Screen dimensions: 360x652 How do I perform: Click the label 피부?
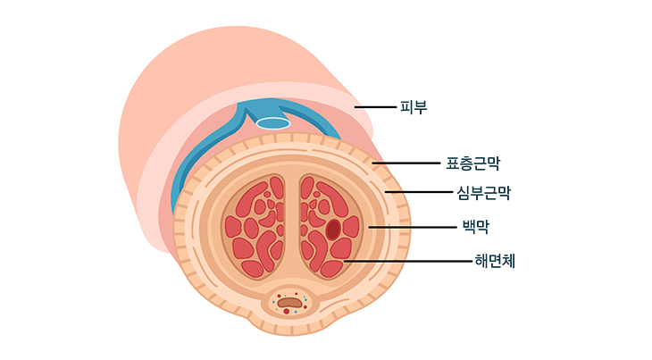click(414, 107)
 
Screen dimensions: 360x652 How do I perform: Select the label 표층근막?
click(472, 163)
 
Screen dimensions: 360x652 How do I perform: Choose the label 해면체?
click(496, 261)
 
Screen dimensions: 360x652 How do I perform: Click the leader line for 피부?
click(375, 107)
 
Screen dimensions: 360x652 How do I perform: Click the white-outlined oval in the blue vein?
click(273, 123)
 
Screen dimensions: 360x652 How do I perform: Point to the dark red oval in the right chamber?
click(333, 229)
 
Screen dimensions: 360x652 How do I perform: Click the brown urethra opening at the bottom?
click(289, 303)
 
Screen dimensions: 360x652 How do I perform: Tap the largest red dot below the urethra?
click(287, 311)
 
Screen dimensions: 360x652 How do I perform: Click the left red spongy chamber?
click(254, 225)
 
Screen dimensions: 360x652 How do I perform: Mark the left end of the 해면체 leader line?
click(345, 261)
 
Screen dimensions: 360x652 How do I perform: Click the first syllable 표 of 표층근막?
click(452, 163)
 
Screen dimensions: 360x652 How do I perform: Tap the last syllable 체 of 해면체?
click(510, 261)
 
